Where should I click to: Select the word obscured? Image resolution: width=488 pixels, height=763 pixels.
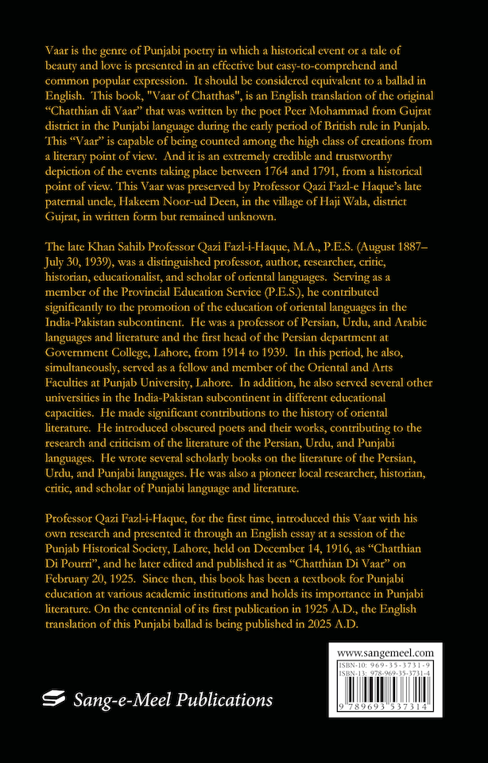point(142,429)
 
